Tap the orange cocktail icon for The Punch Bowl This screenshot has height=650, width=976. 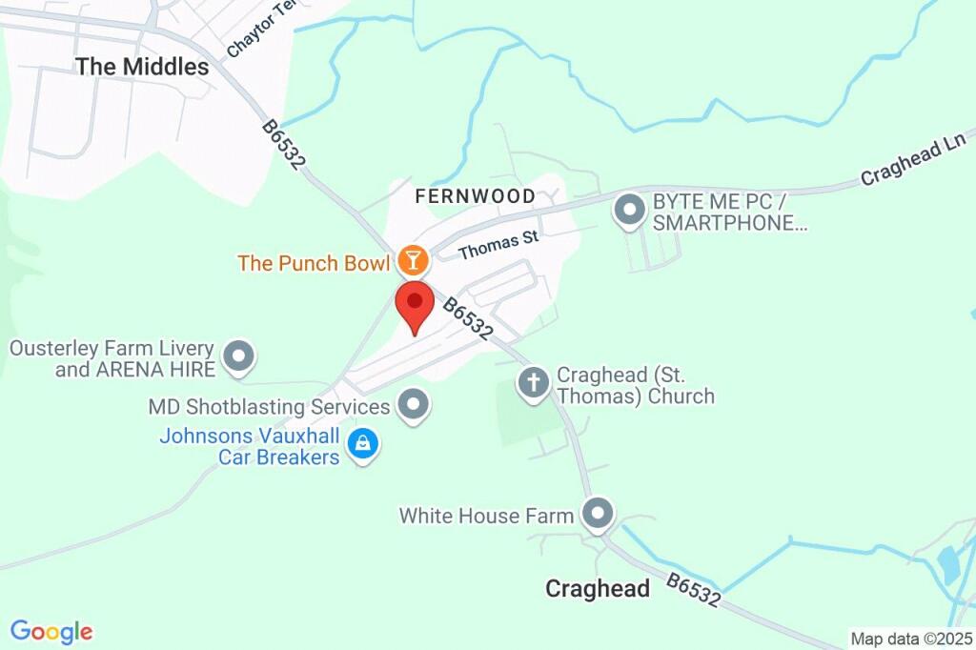413,259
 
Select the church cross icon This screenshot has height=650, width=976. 533,383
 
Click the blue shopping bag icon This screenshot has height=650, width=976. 363,444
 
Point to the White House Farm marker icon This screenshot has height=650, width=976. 598,514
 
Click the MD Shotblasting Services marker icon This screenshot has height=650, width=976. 414,405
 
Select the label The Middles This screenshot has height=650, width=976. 142,67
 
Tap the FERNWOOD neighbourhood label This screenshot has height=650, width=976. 475,196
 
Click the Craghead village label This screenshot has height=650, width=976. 598,588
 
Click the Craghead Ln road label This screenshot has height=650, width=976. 913,160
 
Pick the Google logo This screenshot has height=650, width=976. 51,631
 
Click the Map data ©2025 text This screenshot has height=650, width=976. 909,639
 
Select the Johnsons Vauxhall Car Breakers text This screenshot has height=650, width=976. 250,446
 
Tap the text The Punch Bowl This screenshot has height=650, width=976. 315,262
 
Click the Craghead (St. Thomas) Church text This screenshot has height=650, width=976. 635,385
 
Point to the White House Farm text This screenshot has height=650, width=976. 486,516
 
